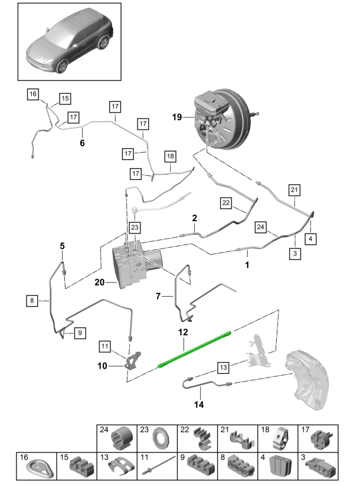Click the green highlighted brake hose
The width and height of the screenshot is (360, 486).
(x=195, y=352)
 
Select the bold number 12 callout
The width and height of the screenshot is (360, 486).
(x=183, y=333)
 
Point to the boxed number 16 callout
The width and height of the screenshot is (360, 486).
(x=32, y=94)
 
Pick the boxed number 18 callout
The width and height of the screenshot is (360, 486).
(x=170, y=156)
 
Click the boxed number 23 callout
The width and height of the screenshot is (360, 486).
(x=135, y=226)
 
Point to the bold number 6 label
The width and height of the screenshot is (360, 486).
(x=82, y=143)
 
